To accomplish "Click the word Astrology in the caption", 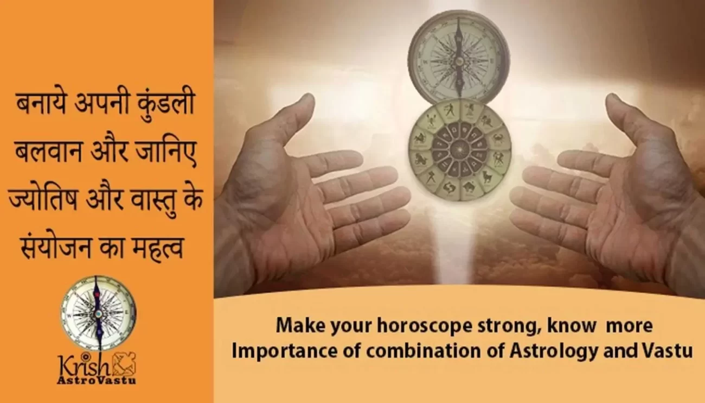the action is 554,351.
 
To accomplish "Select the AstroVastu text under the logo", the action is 97,380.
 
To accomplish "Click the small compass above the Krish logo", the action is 98,312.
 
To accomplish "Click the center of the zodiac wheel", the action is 460,150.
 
